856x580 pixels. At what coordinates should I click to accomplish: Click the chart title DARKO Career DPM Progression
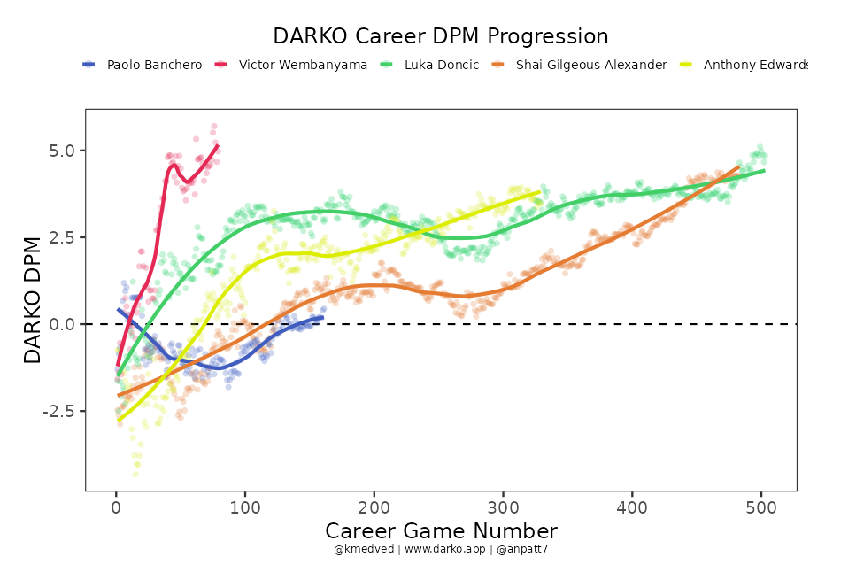coord(440,36)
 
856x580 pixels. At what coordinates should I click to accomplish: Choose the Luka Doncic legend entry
coord(441,65)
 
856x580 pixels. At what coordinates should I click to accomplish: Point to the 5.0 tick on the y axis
coord(62,151)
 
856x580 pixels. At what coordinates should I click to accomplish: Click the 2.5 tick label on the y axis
coord(62,237)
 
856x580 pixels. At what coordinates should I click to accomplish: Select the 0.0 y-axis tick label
coord(62,324)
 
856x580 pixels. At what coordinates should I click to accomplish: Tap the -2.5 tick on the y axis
coord(59,411)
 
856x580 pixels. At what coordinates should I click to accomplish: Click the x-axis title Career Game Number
coord(441,530)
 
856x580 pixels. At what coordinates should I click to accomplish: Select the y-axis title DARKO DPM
coord(33,299)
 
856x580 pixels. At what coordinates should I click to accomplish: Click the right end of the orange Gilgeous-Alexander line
coord(738,166)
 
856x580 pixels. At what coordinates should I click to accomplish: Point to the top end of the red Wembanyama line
coord(218,145)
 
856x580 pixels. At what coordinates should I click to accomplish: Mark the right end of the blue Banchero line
coord(322,317)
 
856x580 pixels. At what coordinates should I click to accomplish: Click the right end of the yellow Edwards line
coord(539,191)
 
